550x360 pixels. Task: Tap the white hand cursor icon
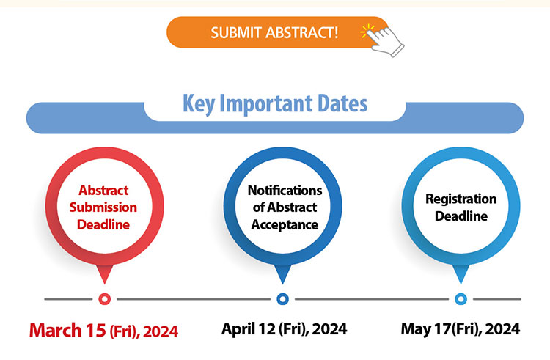385,41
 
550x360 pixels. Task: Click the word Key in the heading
199,104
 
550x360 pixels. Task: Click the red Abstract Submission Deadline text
103,207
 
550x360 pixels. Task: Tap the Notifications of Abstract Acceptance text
285,207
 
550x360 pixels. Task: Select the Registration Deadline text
461,207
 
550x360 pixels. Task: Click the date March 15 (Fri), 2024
103,331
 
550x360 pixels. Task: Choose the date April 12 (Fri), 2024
285,329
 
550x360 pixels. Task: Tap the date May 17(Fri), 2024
461,329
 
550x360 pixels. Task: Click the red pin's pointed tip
105,283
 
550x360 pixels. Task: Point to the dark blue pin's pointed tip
283,283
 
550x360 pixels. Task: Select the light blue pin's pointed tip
461,283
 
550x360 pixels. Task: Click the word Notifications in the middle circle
285,191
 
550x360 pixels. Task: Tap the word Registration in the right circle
461,199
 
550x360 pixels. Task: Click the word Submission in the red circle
103,207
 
